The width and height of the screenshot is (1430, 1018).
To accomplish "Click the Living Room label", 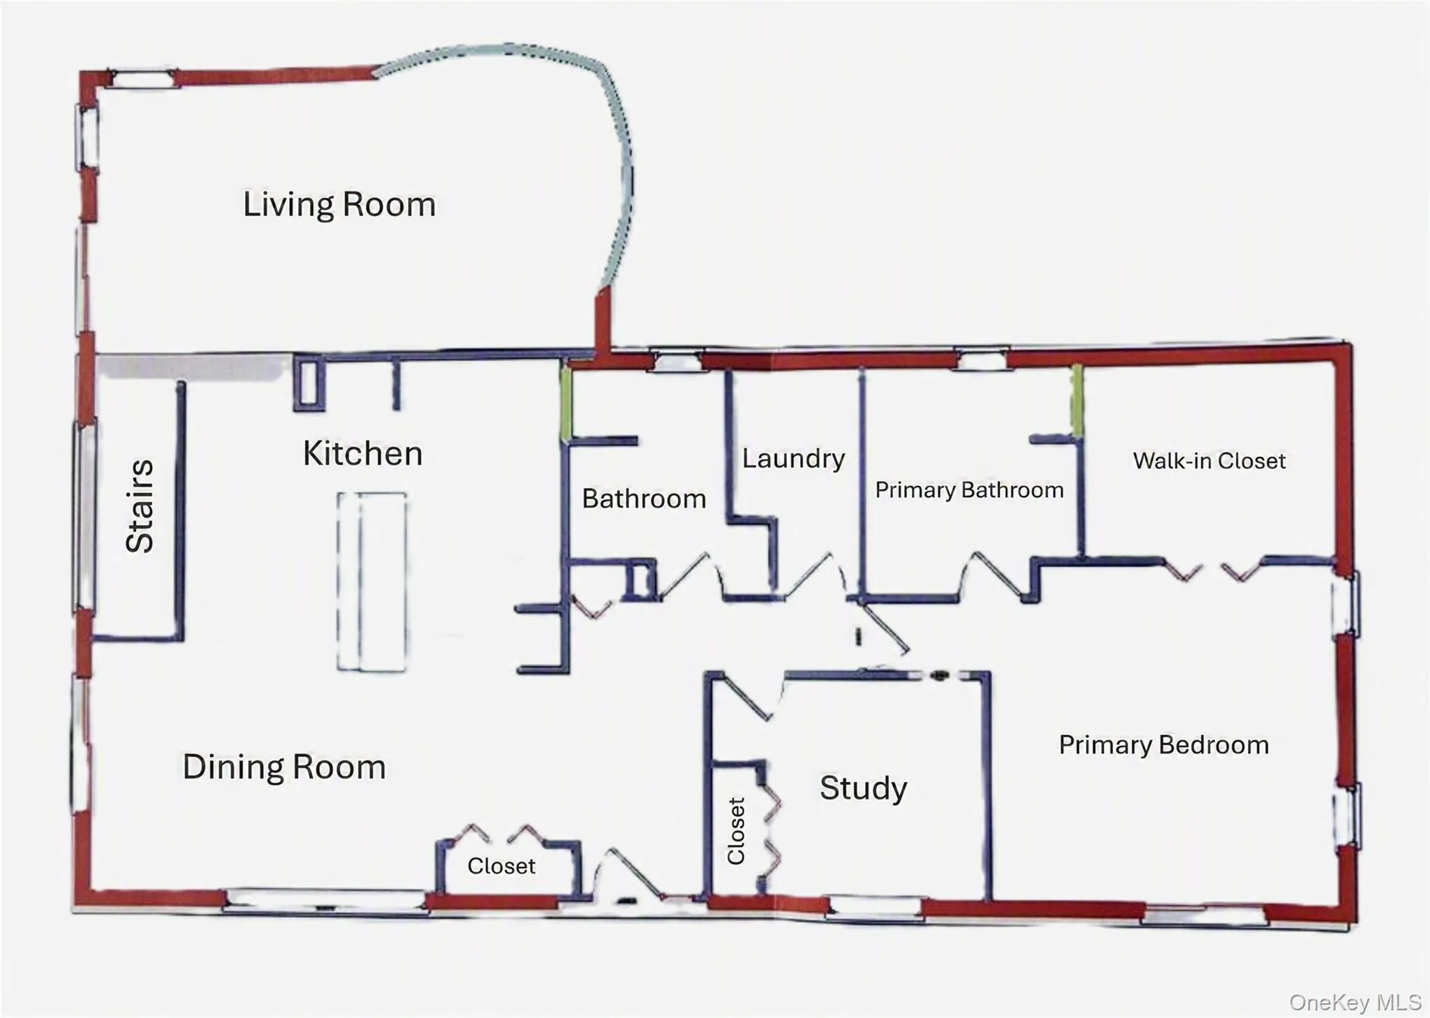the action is [339, 205].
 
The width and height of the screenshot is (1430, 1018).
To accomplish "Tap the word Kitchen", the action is [363, 454].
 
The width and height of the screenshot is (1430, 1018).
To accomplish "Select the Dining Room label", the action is [284, 767].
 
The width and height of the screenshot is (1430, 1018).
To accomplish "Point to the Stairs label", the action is [140, 506].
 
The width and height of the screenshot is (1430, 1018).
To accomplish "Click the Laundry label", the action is [793, 459].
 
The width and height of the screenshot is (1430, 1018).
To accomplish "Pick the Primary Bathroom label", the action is [969, 490].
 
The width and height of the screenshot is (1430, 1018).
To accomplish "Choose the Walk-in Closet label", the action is [1209, 461].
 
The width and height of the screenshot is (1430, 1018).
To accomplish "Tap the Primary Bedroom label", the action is [1164, 745].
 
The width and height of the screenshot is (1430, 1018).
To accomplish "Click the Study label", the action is [864, 789].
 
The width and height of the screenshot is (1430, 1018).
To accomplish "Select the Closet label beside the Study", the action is [737, 831].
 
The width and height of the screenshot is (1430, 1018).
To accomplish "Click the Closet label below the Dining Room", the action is [501, 866].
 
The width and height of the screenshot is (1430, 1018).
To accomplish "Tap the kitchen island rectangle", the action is [372, 582].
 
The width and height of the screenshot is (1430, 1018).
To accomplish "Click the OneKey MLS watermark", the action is [1355, 1003].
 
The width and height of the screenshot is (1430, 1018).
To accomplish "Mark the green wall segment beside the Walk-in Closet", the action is [1078, 401].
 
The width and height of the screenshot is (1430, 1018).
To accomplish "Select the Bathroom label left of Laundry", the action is [644, 499].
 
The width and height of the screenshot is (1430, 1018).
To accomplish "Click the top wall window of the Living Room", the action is [143, 78].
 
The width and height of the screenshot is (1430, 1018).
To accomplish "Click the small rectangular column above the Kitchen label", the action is [309, 382].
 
